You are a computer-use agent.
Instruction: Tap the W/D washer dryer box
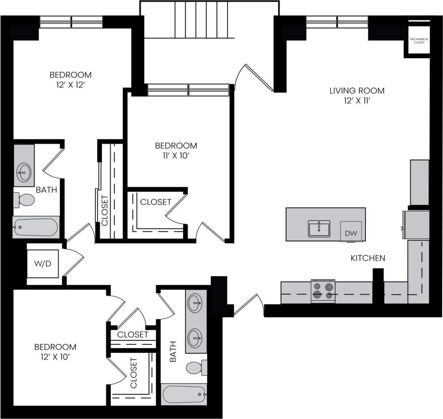coord(43,264)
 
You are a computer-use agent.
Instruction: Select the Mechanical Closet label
coord(419,41)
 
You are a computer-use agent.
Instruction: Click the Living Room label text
coord(357,91)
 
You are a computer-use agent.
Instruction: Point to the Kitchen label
coord(368,258)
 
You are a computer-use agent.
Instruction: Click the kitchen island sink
coord(319,229)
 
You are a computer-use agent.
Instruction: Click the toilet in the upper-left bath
coord(24,200)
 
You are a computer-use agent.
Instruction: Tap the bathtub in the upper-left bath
coord(35,228)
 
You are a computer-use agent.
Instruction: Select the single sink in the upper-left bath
coord(24,170)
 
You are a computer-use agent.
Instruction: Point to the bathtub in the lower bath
coord(184,394)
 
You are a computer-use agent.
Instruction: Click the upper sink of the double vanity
coord(195,304)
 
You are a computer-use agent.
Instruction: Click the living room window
coord(337,20)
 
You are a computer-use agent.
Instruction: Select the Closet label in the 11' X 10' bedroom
coord(156,202)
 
